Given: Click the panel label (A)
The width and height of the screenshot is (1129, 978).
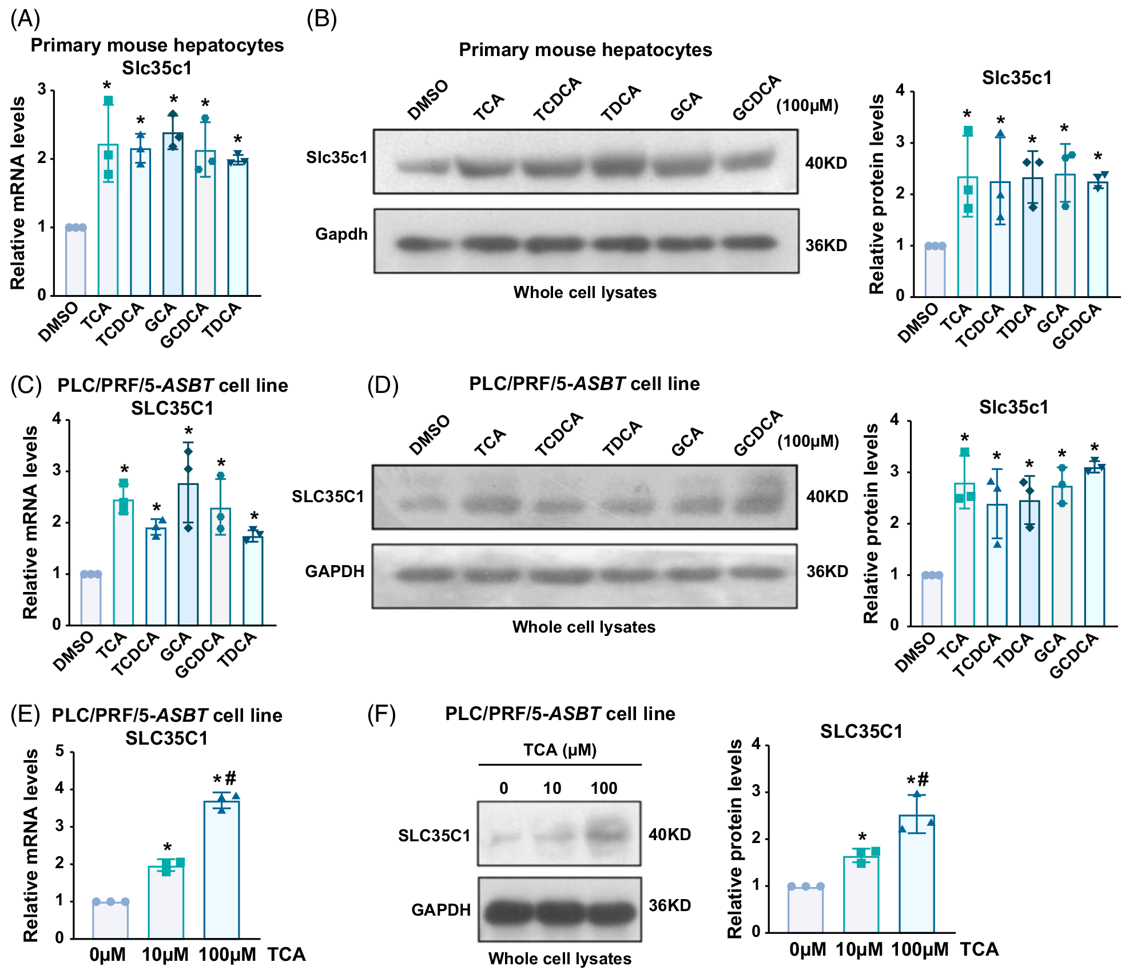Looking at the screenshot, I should pyautogui.click(x=25, y=19).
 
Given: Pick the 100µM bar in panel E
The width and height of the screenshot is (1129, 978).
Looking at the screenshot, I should pyautogui.click(x=221, y=869).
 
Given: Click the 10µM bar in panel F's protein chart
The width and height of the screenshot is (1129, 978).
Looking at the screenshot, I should pyautogui.click(x=861, y=894).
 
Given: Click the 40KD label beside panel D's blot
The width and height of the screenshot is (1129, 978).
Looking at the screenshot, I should pyautogui.click(x=827, y=496).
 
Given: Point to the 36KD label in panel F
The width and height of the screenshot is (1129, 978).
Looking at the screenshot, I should pyautogui.click(x=670, y=905).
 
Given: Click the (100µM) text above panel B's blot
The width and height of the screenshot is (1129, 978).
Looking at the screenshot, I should pyautogui.click(x=807, y=106).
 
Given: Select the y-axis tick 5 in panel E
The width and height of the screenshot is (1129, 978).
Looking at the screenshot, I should pyautogui.click(x=59, y=751).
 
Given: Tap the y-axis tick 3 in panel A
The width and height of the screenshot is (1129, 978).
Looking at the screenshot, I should pyautogui.click(x=42, y=89).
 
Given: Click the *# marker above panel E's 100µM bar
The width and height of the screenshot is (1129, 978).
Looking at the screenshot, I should pyautogui.click(x=224, y=779).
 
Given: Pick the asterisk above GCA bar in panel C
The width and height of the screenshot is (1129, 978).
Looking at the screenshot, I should pyautogui.click(x=188, y=431).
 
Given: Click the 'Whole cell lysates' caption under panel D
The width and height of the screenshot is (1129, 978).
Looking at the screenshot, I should pyautogui.click(x=583, y=627).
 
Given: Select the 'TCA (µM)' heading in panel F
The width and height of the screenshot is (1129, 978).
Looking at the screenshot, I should pyautogui.click(x=560, y=750).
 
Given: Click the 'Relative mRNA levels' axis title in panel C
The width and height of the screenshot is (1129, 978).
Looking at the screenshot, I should pyautogui.click(x=30, y=522).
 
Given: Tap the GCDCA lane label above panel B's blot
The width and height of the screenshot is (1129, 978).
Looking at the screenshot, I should pyautogui.click(x=757, y=98).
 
